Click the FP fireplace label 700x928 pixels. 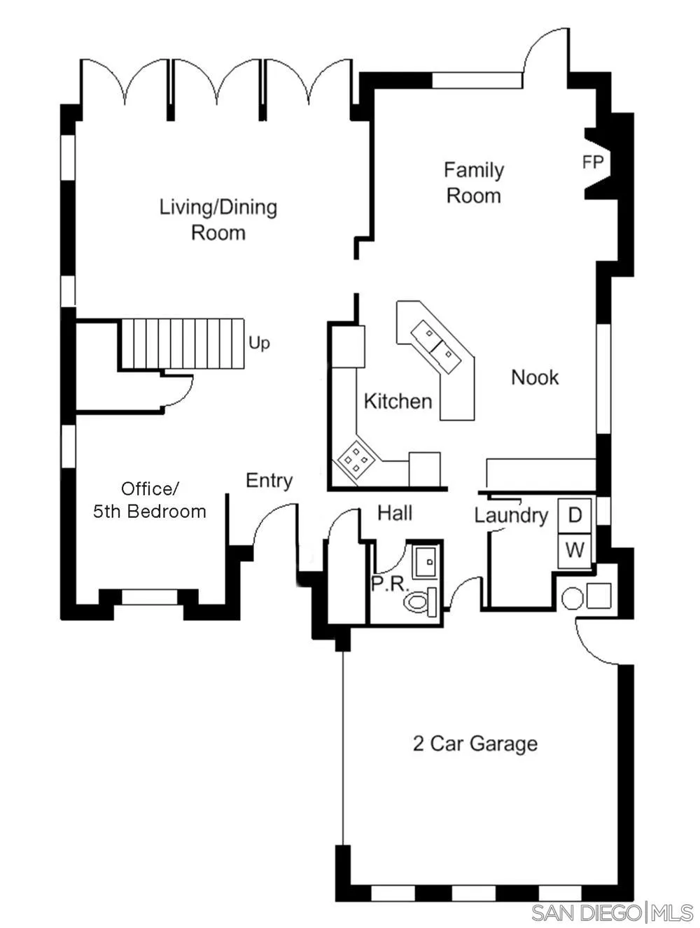592,162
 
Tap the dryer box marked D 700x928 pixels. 575,516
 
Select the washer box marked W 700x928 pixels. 575,550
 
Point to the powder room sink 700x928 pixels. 426,561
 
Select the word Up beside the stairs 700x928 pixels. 259,343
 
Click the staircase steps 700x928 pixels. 183,343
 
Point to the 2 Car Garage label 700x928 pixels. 475,743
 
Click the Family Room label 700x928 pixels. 474,183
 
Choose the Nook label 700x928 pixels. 535,377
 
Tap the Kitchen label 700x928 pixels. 398,401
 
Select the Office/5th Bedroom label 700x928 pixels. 150,500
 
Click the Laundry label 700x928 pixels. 511,516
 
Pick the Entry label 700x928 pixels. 269,481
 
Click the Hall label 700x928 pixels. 395,513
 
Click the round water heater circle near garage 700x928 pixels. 572,599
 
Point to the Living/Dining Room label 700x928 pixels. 218,220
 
